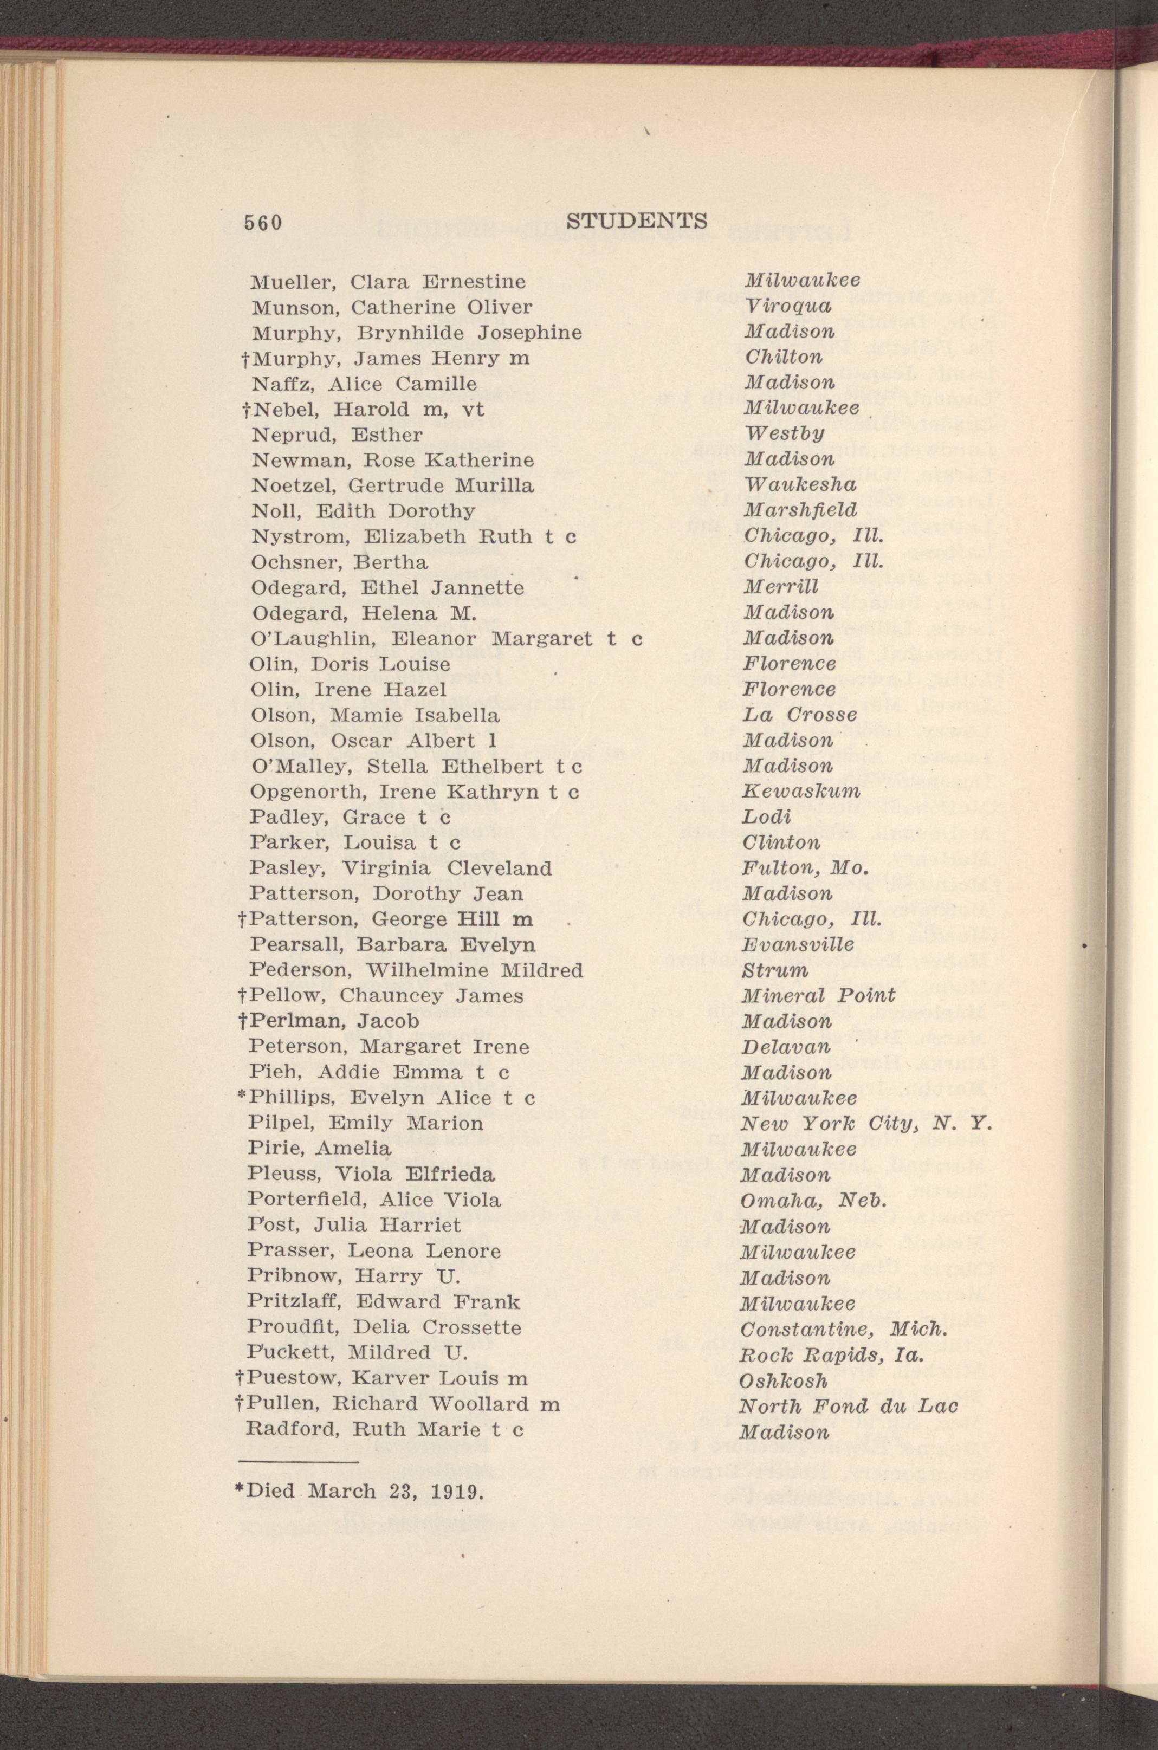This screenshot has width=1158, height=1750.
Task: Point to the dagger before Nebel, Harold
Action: [244, 409]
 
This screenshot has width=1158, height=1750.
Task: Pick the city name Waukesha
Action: [800, 485]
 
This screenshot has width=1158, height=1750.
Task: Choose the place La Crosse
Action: [800, 715]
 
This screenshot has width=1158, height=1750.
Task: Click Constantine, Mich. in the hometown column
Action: [843, 1327]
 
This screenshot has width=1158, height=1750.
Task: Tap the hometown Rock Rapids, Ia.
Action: [833, 1353]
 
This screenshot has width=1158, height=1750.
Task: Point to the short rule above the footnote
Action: [297, 1462]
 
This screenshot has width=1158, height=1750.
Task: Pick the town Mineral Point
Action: [818, 995]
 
